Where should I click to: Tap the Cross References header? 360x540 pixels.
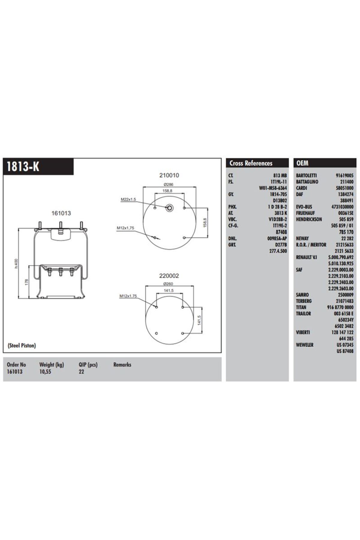click(251, 163)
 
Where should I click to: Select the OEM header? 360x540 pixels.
click(302, 163)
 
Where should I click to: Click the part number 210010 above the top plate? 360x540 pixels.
click(169, 175)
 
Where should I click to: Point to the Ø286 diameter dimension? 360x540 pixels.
click(169, 184)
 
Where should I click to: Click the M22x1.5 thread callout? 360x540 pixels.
click(128, 199)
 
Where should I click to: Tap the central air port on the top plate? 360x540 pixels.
click(169, 208)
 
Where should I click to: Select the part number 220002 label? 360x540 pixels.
click(169, 276)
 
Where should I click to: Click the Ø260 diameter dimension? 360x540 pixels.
click(168, 284)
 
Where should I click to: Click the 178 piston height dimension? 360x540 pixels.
click(26, 282)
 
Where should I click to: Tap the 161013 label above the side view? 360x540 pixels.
click(61, 213)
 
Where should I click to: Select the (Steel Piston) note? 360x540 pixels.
click(22, 345)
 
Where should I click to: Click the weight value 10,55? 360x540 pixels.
click(45, 372)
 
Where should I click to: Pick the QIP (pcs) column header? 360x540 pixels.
click(88, 365)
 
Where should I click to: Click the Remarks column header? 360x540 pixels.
click(122, 365)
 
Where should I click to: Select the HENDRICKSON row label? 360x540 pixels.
click(309, 219)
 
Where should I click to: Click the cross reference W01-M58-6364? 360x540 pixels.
click(273, 188)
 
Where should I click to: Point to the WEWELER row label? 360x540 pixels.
click(304, 345)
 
